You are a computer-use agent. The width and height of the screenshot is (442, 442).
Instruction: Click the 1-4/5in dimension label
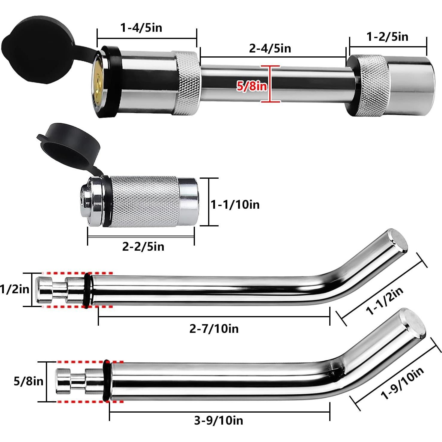pos(141,28)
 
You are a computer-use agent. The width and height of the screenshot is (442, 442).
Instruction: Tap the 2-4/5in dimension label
pos(270,48)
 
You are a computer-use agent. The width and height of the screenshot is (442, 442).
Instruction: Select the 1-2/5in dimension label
pos(387,37)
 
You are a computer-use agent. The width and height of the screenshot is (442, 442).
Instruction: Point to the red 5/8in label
pos(252,86)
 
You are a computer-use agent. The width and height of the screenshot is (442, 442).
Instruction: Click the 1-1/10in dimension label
pos(235,205)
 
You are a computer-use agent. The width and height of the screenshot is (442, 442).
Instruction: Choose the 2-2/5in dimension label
pos(143,247)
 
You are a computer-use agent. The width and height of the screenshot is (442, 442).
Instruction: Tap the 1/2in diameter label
pos(15,289)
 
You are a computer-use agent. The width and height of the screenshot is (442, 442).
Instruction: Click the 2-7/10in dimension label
pos(214,329)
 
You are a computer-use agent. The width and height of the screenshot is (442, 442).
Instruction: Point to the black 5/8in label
pos(28,381)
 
